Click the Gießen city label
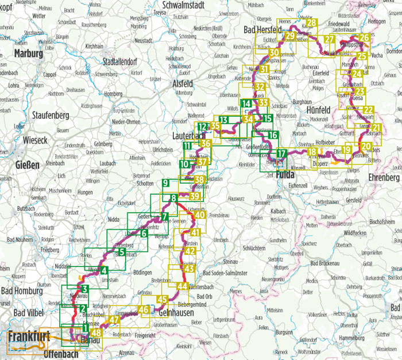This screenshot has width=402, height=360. pyautogui.click(x=24, y=165)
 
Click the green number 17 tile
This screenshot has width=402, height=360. pyautogui.click(x=281, y=153)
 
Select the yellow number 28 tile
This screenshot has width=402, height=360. pyautogui.click(x=311, y=23)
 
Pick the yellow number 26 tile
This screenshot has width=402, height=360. pyautogui.click(x=364, y=38)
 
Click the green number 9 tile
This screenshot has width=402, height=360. pyautogui.click(x=165, y=183)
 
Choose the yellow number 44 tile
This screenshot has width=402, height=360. pyautogui.click(x=182, y=286)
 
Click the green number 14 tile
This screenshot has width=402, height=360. pyautogui.click(x=246, y=104)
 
